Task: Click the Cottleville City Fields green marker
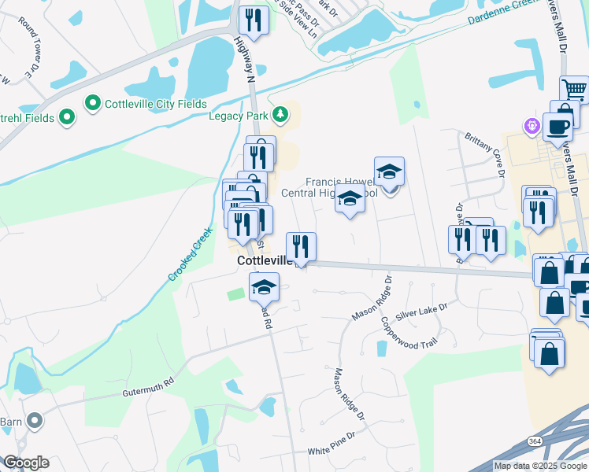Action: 92,103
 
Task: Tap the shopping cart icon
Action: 575,89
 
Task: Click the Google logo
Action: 25,463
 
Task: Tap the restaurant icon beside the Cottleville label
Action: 301,245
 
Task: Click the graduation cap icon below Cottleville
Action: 265,286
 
